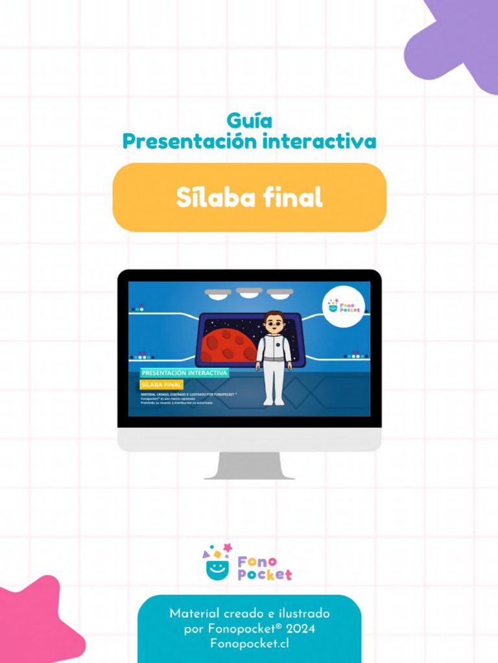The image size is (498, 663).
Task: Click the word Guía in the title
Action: click(249, 120)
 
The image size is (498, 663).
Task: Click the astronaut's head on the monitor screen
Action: click(274, 322)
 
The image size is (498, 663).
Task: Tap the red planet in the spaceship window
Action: click(228, 345)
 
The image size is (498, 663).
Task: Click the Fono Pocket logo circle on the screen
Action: click(344, 306)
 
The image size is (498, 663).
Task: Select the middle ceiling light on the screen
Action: click(249, 293)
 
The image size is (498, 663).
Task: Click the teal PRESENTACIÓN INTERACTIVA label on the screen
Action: click(184, 373)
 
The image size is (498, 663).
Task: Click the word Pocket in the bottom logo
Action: click(265, 575)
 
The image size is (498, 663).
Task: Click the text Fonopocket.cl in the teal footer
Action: click(250, 644)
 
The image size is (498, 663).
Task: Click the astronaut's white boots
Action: click(274, 402)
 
